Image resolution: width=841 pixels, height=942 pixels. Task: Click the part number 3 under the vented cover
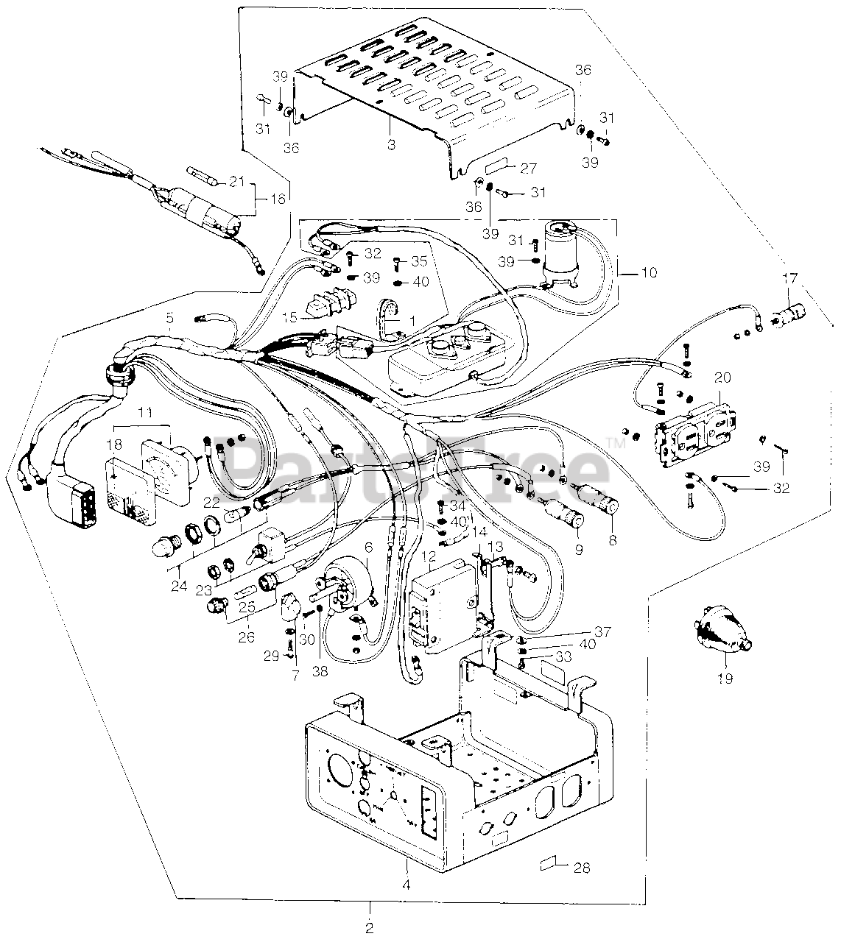[391, 145]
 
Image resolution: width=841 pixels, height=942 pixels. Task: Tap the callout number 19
[725, 678]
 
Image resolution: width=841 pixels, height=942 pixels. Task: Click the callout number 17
[789, 280]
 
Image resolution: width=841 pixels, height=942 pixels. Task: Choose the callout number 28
[582, 868]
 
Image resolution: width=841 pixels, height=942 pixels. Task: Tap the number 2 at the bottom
[370, 925]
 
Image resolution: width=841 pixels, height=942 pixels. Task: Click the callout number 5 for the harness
[170, 318]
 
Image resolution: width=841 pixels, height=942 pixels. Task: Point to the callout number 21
[236, 182]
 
